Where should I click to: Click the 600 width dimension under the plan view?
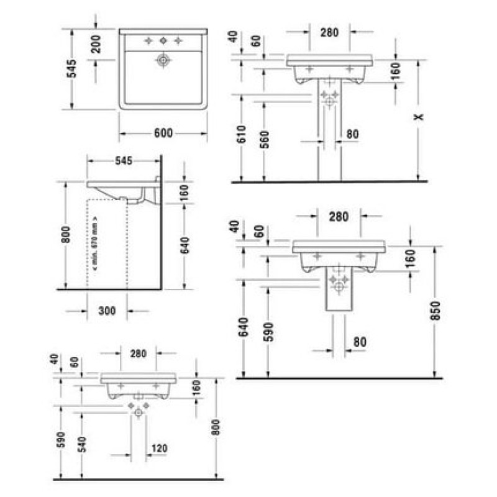click(x=163, y=133)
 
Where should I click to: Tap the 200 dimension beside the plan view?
click(x=96, y=43)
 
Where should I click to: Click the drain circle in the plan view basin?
click(x=163, y=60)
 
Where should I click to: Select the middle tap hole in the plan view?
click(x=163, y=40)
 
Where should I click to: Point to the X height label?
click(x=419, y=117)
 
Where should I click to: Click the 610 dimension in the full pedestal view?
click(x=241, y=134)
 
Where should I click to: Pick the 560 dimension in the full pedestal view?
click(x=264, y=139)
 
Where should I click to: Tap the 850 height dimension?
click(x=435, y=311)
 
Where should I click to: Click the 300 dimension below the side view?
click(x=107, y=311)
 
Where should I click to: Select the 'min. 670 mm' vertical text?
click(x=95, y=244)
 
